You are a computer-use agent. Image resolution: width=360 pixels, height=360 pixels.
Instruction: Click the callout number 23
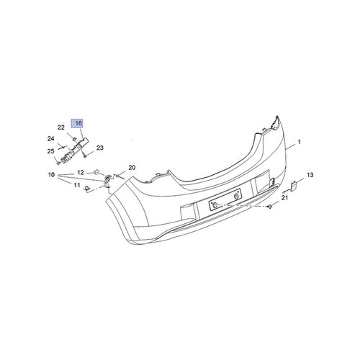tap(100, 148)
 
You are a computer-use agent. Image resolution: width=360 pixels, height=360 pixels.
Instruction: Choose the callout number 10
tap(51, 175)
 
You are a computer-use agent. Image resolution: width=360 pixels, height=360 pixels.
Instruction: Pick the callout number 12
tap(81, 171)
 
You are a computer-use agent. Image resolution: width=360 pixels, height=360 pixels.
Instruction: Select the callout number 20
tap(132, 168)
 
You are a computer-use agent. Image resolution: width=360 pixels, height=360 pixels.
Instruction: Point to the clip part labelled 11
tap(88, 189)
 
